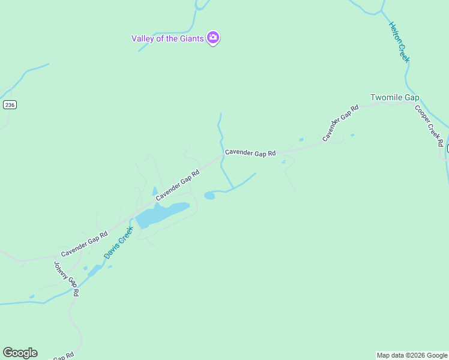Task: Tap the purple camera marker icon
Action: point(212,38)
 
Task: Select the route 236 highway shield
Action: point(9,104)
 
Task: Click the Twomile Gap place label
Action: point(394,97)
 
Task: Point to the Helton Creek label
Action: point(399,42)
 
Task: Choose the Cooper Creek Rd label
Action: point(429,125)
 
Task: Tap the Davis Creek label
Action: point(118,242)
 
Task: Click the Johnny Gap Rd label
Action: point(67,279)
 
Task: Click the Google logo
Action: point(20,353)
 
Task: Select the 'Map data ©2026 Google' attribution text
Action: point(412,355)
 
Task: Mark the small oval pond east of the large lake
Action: point(209,195)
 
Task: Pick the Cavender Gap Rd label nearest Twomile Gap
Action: point(340,123)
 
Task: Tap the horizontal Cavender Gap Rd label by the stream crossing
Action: point(250,153)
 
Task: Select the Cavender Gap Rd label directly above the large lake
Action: point(178,185)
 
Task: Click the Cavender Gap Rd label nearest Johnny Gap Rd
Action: point(84,245)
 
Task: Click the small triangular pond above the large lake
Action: point(154,191)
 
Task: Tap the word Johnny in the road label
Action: point(61,270)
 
